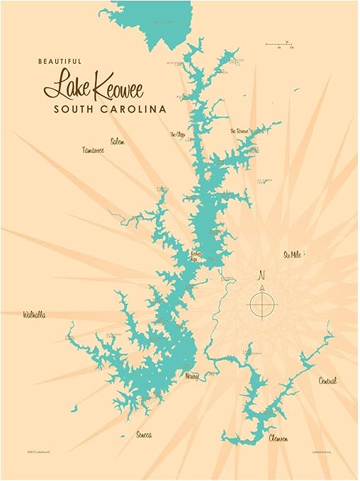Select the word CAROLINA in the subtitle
[133, 110]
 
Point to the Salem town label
[118, 142]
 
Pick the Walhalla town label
[34, 314]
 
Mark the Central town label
[327, 380]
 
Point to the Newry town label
[191, 375]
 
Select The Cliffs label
[177, 134]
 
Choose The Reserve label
[240, 132]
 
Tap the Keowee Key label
[197, 256]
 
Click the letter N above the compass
[261, 276]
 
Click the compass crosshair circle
[261, 304]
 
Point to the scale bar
[279, 45]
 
